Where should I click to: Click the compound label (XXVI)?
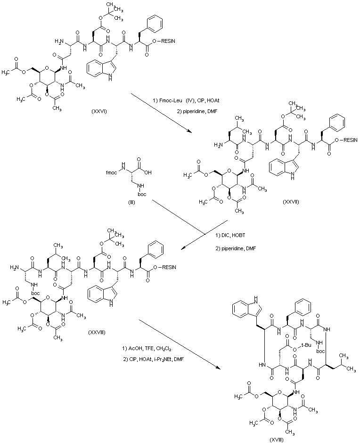[x=99, y=111]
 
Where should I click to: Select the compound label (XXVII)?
[x=290, y=202]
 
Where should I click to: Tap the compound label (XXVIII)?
[x=96, y=332]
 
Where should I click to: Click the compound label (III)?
[x=131, y=202]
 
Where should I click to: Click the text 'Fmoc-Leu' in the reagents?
[x=172, y=101]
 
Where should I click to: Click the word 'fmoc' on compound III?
[x=112, y=172]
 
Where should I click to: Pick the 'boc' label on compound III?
[x=142, y=194]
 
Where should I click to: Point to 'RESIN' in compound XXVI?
[x=168, y=41]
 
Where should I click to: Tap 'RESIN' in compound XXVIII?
[x=169, y=267]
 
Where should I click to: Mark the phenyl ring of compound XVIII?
[x=303, y=307]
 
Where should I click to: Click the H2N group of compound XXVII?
[x=219, y=145]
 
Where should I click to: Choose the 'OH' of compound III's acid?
[x=148, y=172]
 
